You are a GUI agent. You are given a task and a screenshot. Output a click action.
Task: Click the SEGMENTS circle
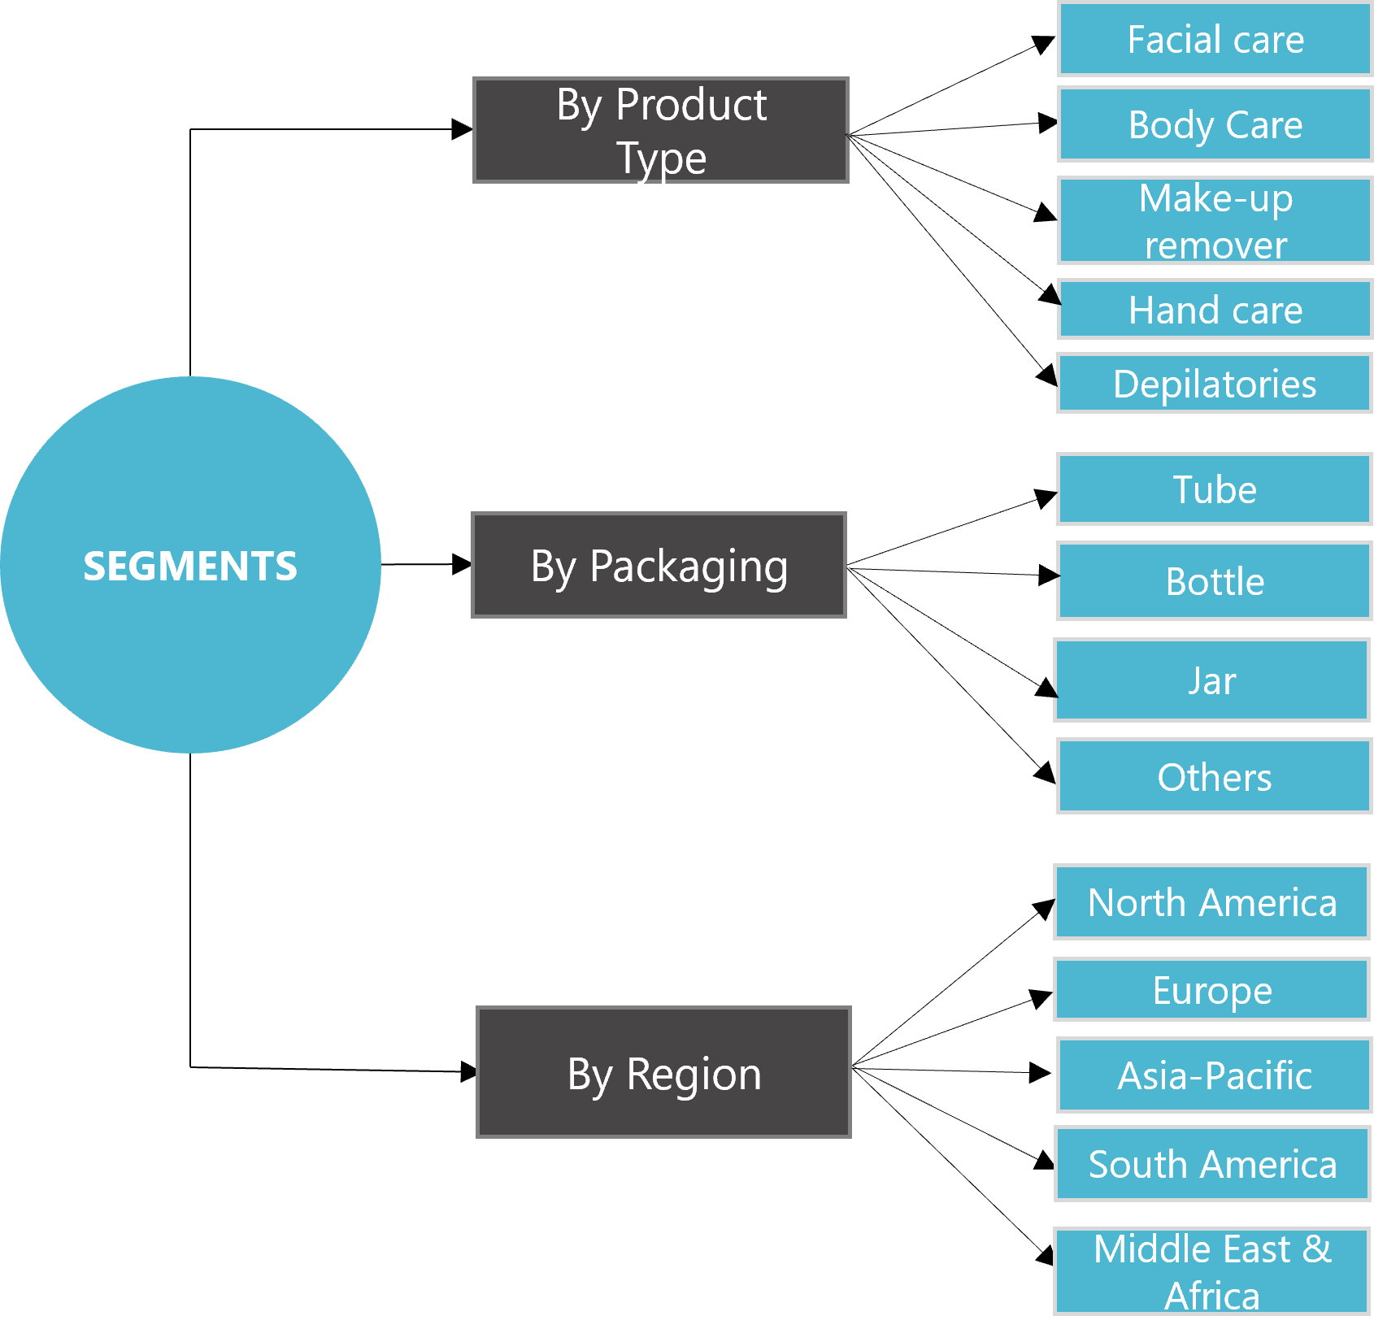point(190,565)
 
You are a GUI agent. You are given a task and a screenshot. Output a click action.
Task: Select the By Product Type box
point(661,130)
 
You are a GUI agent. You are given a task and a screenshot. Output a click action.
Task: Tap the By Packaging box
point(659,565)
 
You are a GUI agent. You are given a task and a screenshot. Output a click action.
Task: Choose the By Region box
point(663,1072)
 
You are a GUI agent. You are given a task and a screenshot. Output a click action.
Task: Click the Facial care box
point(1215,39)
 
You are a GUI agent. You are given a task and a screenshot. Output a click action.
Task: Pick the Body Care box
point(1215,124)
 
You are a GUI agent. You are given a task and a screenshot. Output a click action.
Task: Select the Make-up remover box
point(1215,220)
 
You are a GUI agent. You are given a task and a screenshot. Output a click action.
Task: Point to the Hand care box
point(1215,309)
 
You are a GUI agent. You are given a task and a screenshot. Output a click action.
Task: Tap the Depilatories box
point(1215,383)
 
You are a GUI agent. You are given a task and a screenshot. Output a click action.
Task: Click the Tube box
point(1215,489)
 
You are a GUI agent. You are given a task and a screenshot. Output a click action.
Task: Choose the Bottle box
point(1215,581)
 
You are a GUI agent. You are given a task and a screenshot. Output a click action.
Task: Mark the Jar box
point(1211,680)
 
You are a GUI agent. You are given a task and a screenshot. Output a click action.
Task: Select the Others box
point(1215,776)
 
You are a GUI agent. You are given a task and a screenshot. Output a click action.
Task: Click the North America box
point(1211,902)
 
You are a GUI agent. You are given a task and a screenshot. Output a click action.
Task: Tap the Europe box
point(1211,989)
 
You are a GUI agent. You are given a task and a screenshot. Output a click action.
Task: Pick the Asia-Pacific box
point(1215,1075)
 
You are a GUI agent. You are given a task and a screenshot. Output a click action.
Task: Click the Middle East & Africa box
point(1211,1270)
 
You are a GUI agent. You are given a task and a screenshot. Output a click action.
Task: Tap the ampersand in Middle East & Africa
point(1317,1249)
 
